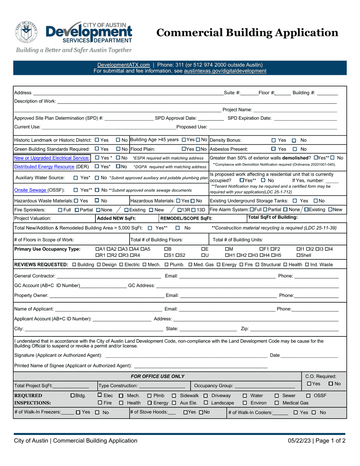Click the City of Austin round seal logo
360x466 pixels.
coord(27,32)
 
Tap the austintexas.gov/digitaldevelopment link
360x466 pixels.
coord(225,71)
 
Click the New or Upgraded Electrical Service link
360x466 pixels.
coord(52,158)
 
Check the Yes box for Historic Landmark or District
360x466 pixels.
coord(97,140)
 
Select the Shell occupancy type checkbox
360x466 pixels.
coord(298,255)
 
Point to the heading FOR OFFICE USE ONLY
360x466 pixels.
coord(158,376)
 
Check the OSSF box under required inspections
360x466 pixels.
coord(308,396)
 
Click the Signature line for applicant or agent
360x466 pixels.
coord(186,355)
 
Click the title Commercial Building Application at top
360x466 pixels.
coord(247,33)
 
